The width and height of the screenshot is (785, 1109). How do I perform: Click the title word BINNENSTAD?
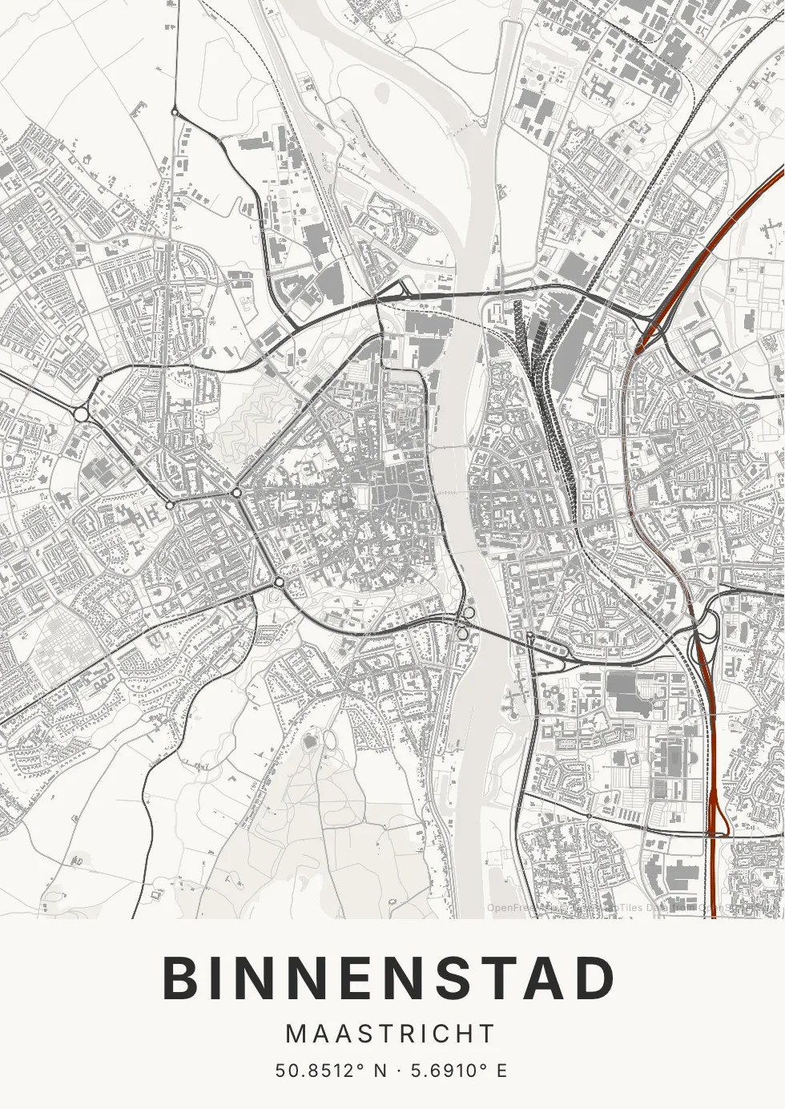point(390,978)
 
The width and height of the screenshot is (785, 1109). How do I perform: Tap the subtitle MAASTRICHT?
point(391,1034)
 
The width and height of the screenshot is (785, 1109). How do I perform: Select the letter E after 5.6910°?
point(501,1071)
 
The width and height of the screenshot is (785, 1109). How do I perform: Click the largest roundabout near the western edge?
point(81,414)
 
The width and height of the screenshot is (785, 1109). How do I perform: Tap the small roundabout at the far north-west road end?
point(175,113)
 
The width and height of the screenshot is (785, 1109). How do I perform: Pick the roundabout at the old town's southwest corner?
point(278,583)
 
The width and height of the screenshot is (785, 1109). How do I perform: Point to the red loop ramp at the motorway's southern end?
point(717,817)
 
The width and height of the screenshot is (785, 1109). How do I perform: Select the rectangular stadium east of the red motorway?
point(706,343)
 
